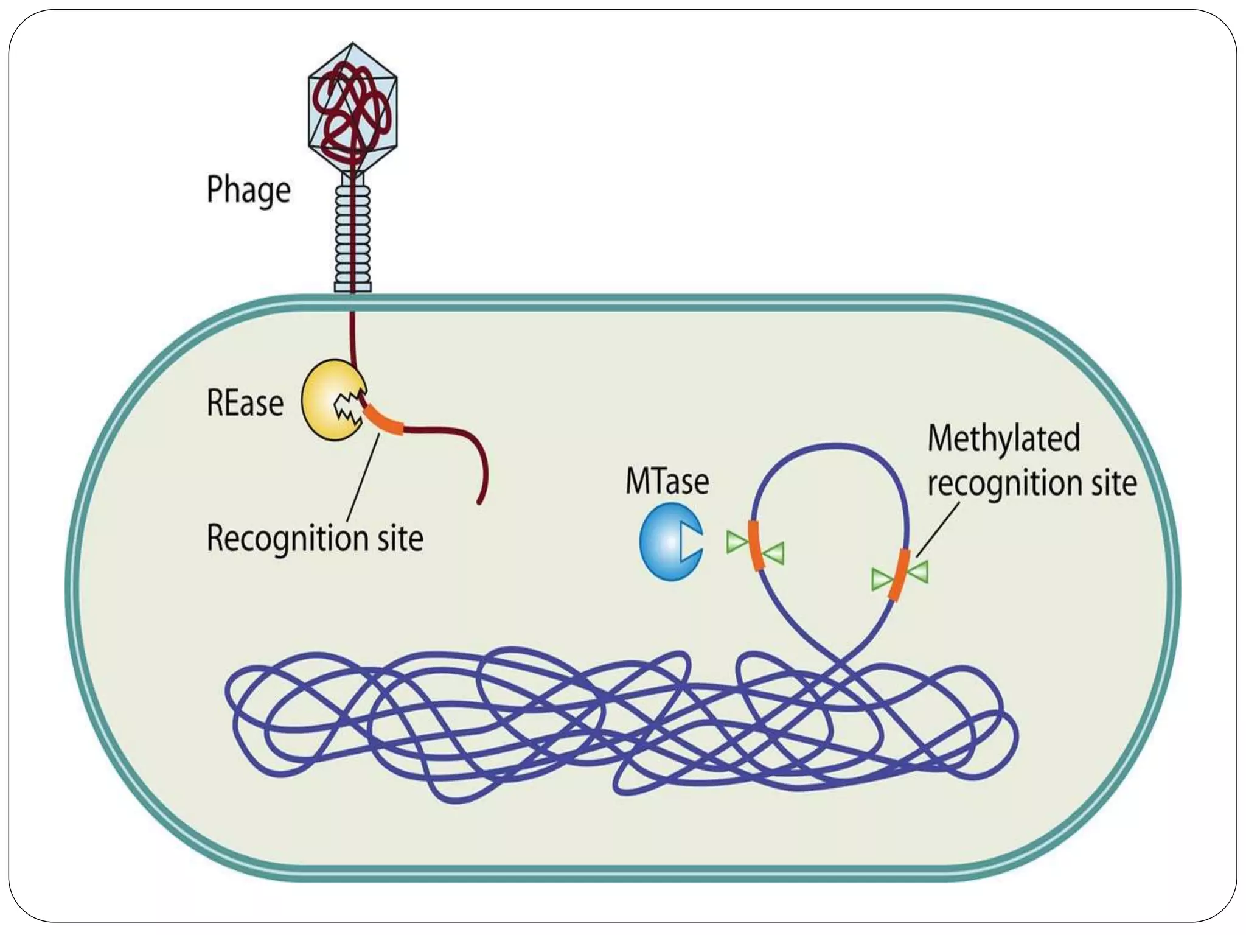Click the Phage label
point(248,190)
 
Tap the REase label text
point(245,403)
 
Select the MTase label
point(667,482)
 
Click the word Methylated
point(1003,438)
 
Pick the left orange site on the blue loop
point(756,545)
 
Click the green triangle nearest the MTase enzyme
point(736,542)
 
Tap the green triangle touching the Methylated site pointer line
point(919,572)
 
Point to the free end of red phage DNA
point(479,502)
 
